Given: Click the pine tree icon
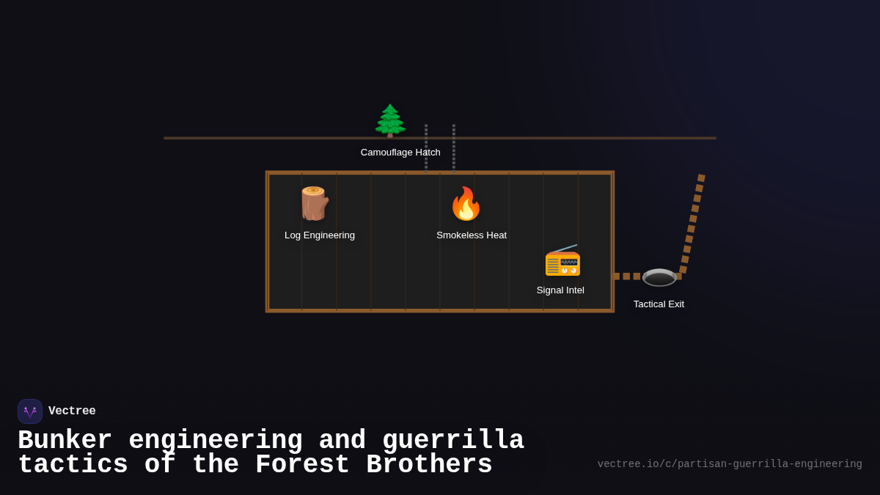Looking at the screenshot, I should coord(390,120).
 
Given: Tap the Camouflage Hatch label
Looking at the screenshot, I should coord(400,153).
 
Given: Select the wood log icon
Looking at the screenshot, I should coord(314,203).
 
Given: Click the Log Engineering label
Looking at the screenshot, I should coord(320,235).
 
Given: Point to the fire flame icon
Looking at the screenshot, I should coord(466,204).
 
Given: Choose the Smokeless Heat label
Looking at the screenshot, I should coord(472,235).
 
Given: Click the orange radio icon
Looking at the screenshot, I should coord(562,260).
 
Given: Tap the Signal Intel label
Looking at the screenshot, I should coord(560,290).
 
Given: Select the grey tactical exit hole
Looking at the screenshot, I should coord(659,277).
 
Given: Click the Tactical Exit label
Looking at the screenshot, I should coord(659,304).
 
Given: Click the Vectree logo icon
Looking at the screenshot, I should coord(30,411).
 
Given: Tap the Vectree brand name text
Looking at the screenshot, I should coord(72,411).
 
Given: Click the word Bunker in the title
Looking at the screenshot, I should coord(65,441).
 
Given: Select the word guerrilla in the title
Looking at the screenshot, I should coord(452,441).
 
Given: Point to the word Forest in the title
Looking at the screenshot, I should coord(304,465).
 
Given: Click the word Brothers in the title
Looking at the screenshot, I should coord(429,465).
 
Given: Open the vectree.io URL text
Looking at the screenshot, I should coord(729,464).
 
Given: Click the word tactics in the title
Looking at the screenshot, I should coord(73,465).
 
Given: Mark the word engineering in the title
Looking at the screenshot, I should coord(215,441).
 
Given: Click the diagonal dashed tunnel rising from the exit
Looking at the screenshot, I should coord(692,224).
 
